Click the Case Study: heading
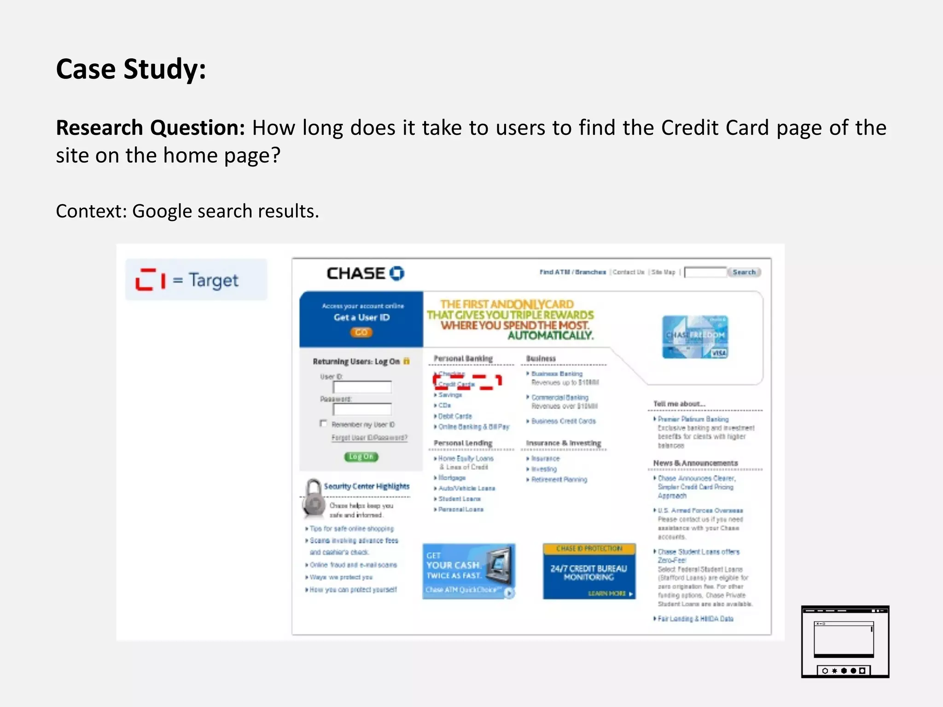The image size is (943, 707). [131, 69]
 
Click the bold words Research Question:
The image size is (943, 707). [150, 128]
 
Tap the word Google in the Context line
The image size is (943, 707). [162, 211]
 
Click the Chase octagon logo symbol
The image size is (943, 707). [397, 273]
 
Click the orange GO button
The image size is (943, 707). [361, 332]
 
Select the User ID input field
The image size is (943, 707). [362, 387]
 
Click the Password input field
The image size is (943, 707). [362, 409]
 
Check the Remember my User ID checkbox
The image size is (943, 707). [323, 423]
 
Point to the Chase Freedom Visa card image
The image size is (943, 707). [695, 337]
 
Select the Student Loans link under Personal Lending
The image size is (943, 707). [459, 499]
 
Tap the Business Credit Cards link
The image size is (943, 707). [563, 421]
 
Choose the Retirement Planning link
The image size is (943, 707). [559, 480]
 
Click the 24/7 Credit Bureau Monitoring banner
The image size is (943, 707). [589, 572]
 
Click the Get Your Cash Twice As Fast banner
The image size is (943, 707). [468, 572]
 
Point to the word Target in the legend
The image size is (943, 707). [214, 280]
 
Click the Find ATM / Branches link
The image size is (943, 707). [572, 272]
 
